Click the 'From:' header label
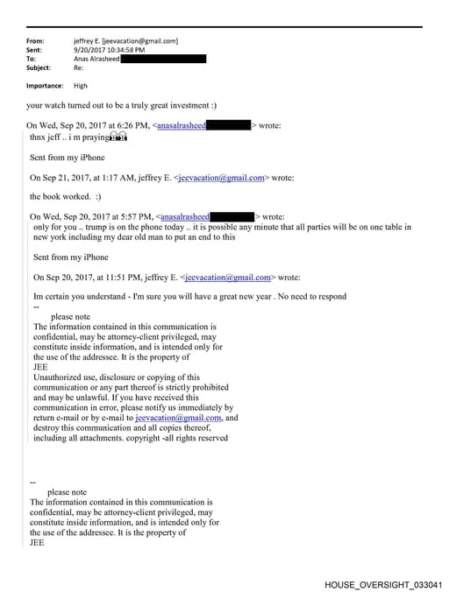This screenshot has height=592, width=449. [36, 41]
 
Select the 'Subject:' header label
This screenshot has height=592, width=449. [40, 67]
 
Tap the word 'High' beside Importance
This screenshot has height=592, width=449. [81, 86]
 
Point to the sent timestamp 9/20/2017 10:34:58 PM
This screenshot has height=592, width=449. [115, 50]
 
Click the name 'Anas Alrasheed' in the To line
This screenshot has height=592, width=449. [100, 59]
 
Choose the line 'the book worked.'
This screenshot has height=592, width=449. [66, 197]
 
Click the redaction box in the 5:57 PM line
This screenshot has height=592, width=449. [232, 216]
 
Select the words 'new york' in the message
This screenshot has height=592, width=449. [52, 236]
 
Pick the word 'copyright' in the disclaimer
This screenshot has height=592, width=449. [179, 438]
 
